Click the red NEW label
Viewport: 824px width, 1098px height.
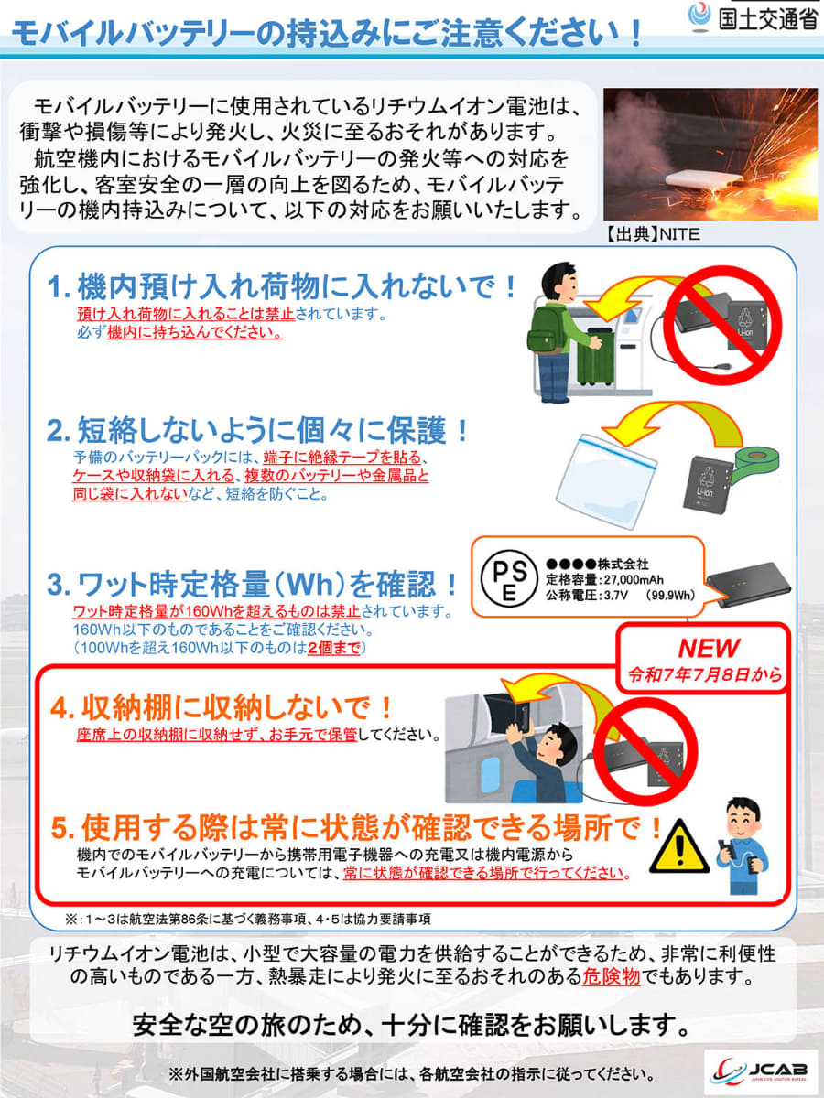[708, 648]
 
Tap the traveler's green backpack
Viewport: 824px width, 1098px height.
[547, 328]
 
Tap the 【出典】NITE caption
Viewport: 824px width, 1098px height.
[652, 234]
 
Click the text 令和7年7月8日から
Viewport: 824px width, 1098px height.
[705, 676]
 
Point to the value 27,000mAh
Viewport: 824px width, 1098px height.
[629, 579]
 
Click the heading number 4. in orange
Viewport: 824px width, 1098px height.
[62, 708]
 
